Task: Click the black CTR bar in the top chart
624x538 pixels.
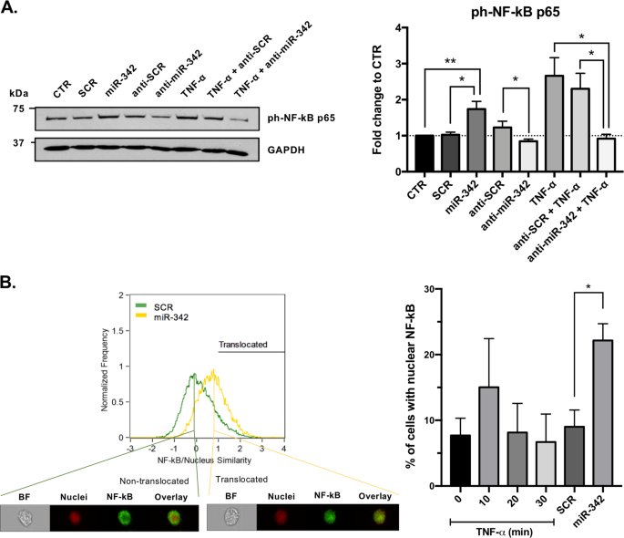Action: coord(423,152)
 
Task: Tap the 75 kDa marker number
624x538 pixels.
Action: coord(16,108)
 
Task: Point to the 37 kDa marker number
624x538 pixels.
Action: coord(16,143)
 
